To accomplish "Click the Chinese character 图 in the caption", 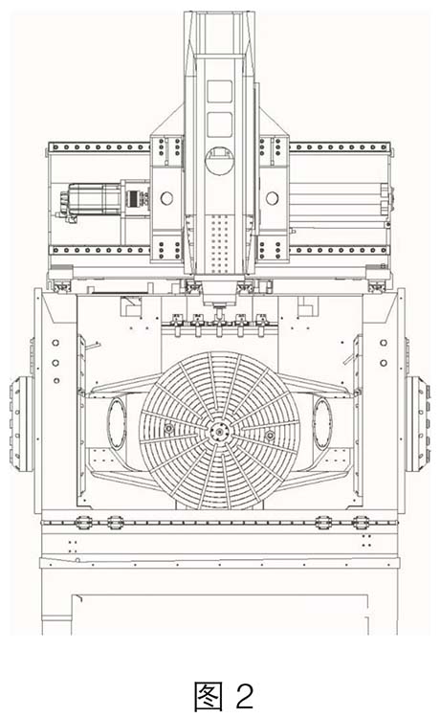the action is point(208,696).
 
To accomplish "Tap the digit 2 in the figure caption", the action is point(245,696).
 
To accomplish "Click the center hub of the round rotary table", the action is point(220,432).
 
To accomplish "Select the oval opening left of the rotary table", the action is point(117,423).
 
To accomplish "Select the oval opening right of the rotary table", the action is point(322,423).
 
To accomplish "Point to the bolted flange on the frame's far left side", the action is point(22,423).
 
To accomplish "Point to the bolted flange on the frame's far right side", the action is point(418,423).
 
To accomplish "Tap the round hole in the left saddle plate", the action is point(166,198).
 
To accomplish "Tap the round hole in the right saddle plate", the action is point(273,198).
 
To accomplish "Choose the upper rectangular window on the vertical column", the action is point(220,92).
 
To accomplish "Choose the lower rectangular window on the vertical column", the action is point(220,124).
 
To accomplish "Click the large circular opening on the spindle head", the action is point(220,161).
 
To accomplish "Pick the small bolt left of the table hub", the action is point(169,429).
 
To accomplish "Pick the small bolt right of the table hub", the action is point(270,434).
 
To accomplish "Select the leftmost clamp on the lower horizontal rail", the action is point(82,522).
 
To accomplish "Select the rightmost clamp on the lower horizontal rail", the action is point(361,522).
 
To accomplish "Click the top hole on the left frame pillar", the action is point(55,343).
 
